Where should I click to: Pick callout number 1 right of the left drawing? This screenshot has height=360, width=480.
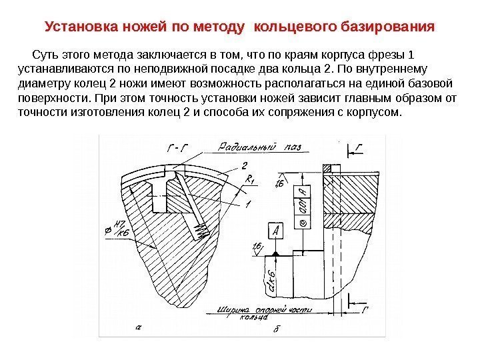(247, 203)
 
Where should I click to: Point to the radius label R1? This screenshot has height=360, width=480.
(249, 179)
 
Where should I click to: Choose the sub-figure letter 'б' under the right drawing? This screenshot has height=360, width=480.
(275, 329)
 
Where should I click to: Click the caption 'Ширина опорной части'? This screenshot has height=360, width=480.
(255, 309)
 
